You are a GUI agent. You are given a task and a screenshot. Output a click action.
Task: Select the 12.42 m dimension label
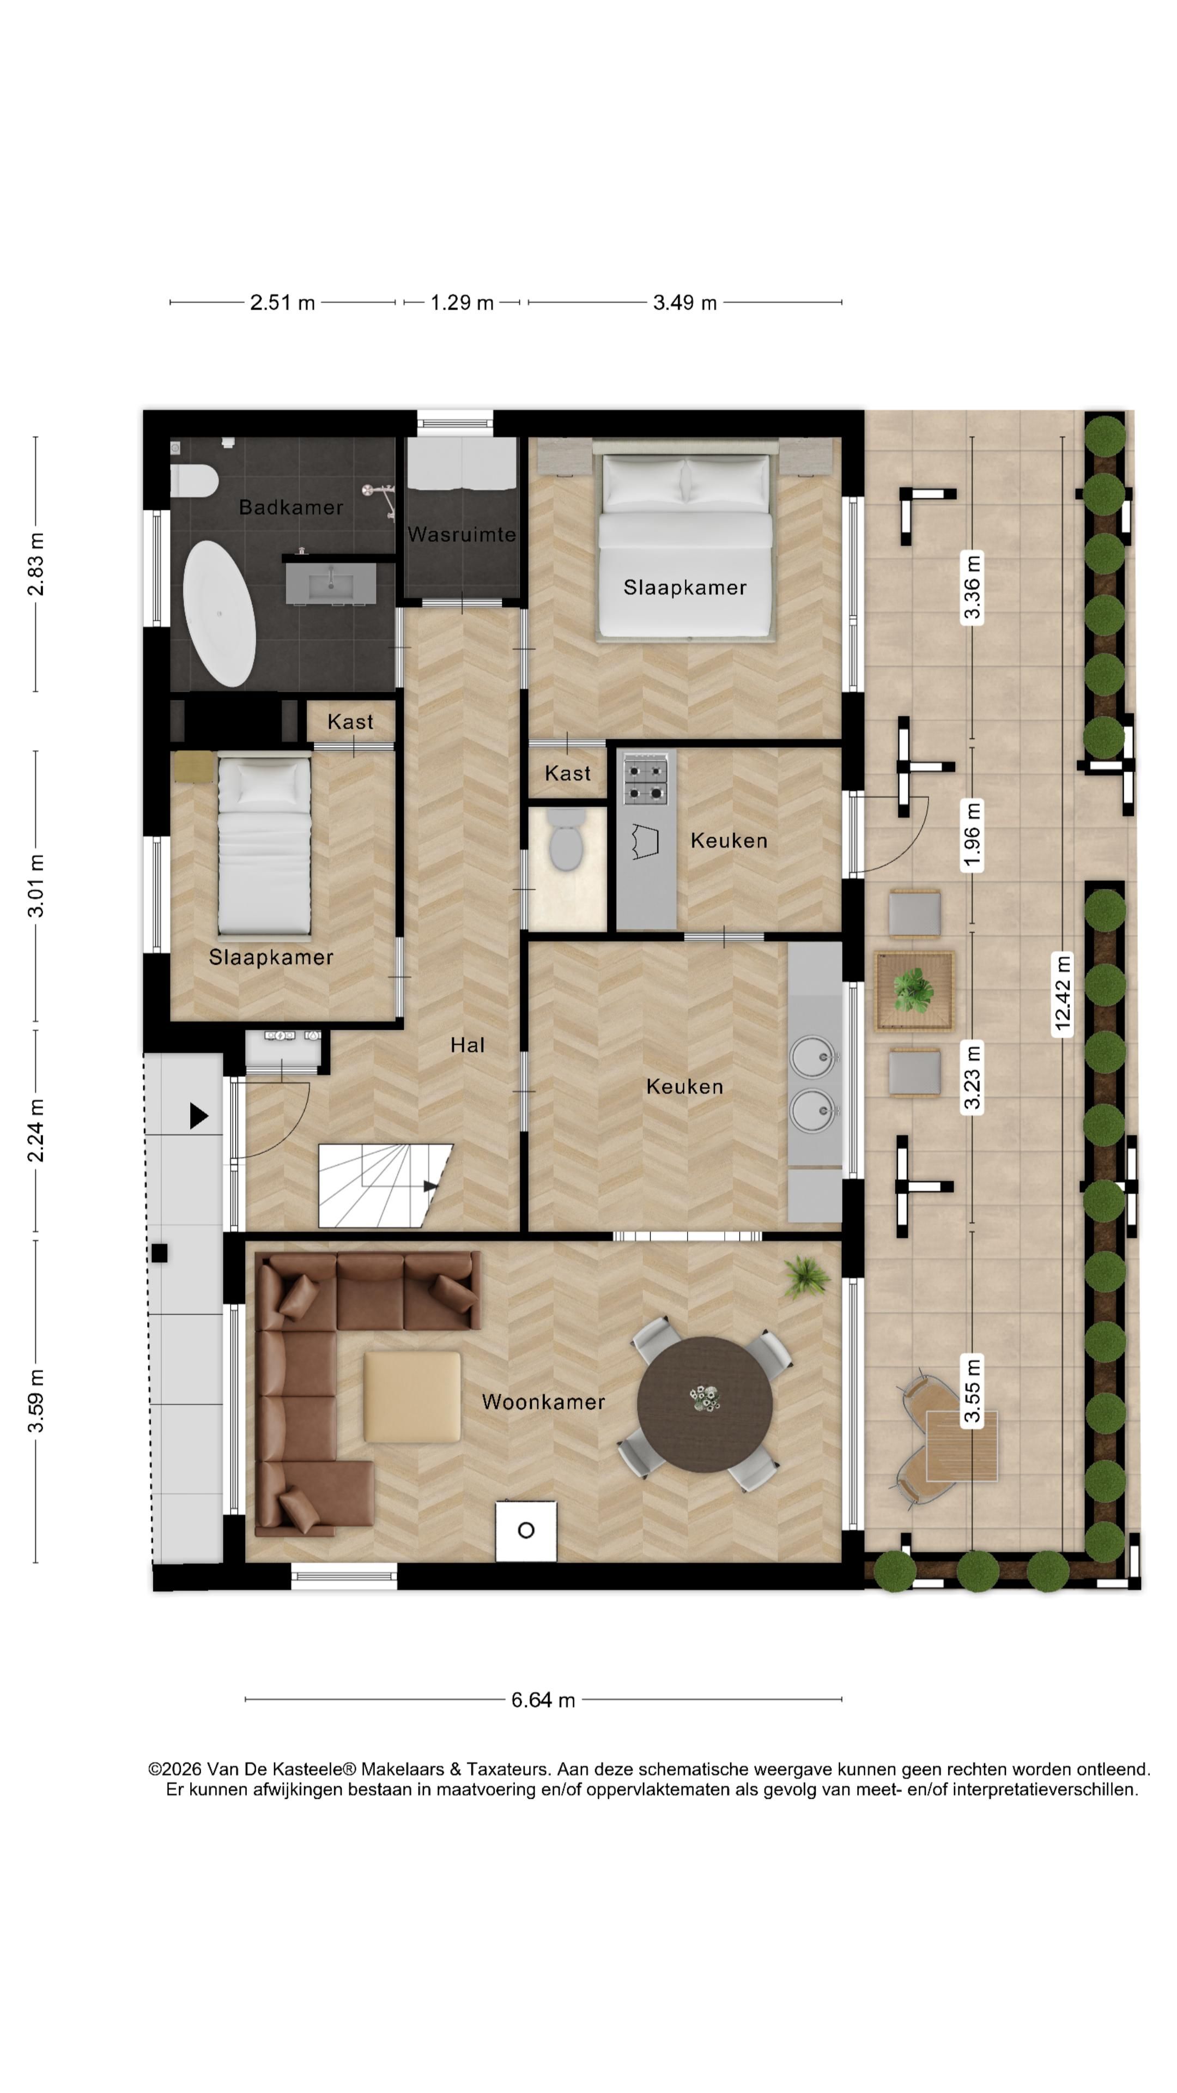[x=1063, y=993]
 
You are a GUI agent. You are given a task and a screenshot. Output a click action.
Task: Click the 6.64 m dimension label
[x=543, y=1700]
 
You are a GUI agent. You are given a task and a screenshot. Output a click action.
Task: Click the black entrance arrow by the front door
[x=199, y=1116]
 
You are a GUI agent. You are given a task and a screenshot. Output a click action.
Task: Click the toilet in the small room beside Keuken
[x=566, y=838]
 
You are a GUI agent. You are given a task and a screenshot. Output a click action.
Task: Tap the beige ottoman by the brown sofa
[x=412, y=1396]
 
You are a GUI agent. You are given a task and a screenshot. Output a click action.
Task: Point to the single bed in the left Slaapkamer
[x=264, y=844]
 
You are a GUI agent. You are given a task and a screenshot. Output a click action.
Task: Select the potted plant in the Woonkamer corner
[x=806, y=1277]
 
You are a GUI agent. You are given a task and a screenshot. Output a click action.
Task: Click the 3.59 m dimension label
[x=36, y=1401]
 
